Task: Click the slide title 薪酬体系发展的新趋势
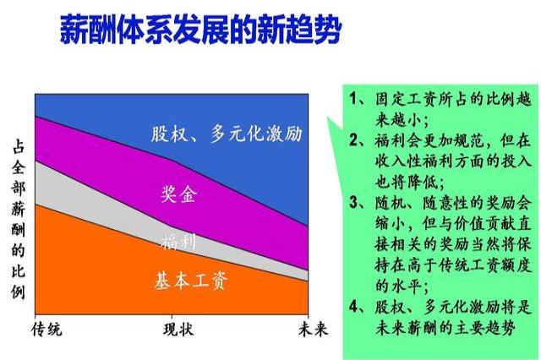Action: [200, 30]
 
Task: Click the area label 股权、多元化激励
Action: [227, 133]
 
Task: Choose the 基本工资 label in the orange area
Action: [190, 281]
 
